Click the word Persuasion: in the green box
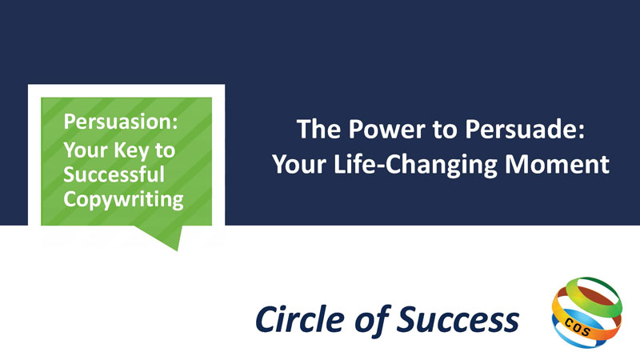tap(121, 122)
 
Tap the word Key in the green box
tap(131, 151)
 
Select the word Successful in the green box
tap(114, 174)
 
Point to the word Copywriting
tap(123, 200)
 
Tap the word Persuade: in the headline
tap(525, 129)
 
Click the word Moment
tap(557, 164)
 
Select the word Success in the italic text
tap(458, 319)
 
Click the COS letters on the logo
tap(577, 326)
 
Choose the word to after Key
tap(165, 151)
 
